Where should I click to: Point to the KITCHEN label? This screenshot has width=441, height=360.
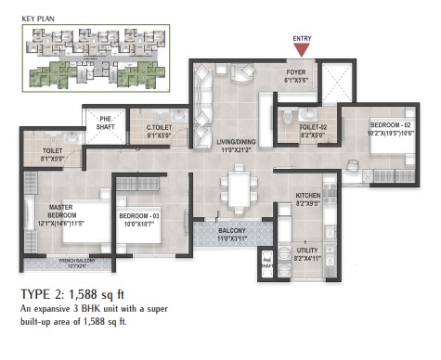pyautogui.click(x=307, y=195)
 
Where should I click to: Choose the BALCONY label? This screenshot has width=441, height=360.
pyautogui.click(x=232, y=233)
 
